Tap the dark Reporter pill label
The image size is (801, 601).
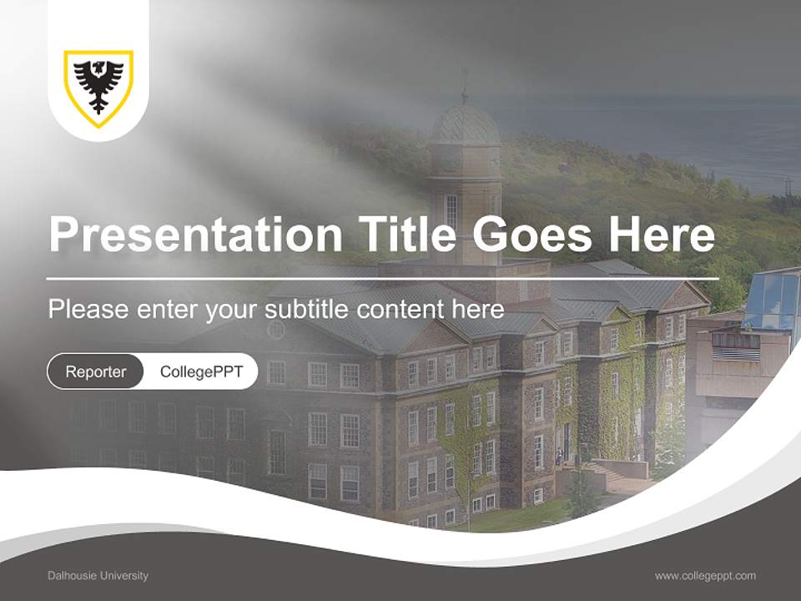pyautogui.click(x=95, y=371)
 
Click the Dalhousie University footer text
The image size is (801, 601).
pyautogui.click(x=98, y=575)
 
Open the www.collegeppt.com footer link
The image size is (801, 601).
pyautogui.click(x=705, y=575)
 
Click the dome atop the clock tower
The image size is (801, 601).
pyautogui.click(x=465, y=125)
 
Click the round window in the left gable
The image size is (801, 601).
pyautogui.click(x=276, y=330)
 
